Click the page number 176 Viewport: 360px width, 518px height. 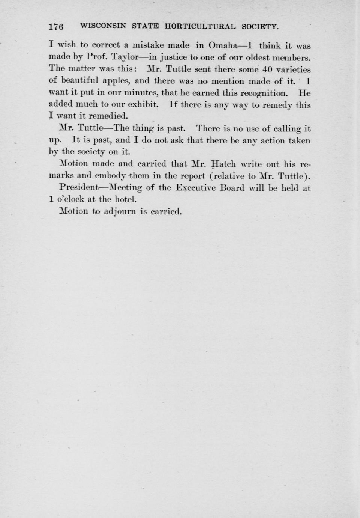56,27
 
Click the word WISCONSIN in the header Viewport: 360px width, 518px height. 103,26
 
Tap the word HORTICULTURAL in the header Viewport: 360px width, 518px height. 201,26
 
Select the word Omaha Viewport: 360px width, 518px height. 223,46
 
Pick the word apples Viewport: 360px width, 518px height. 115,81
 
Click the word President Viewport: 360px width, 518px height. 79,188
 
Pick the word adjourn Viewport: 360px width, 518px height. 120,211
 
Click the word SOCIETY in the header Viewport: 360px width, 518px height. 261,26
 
